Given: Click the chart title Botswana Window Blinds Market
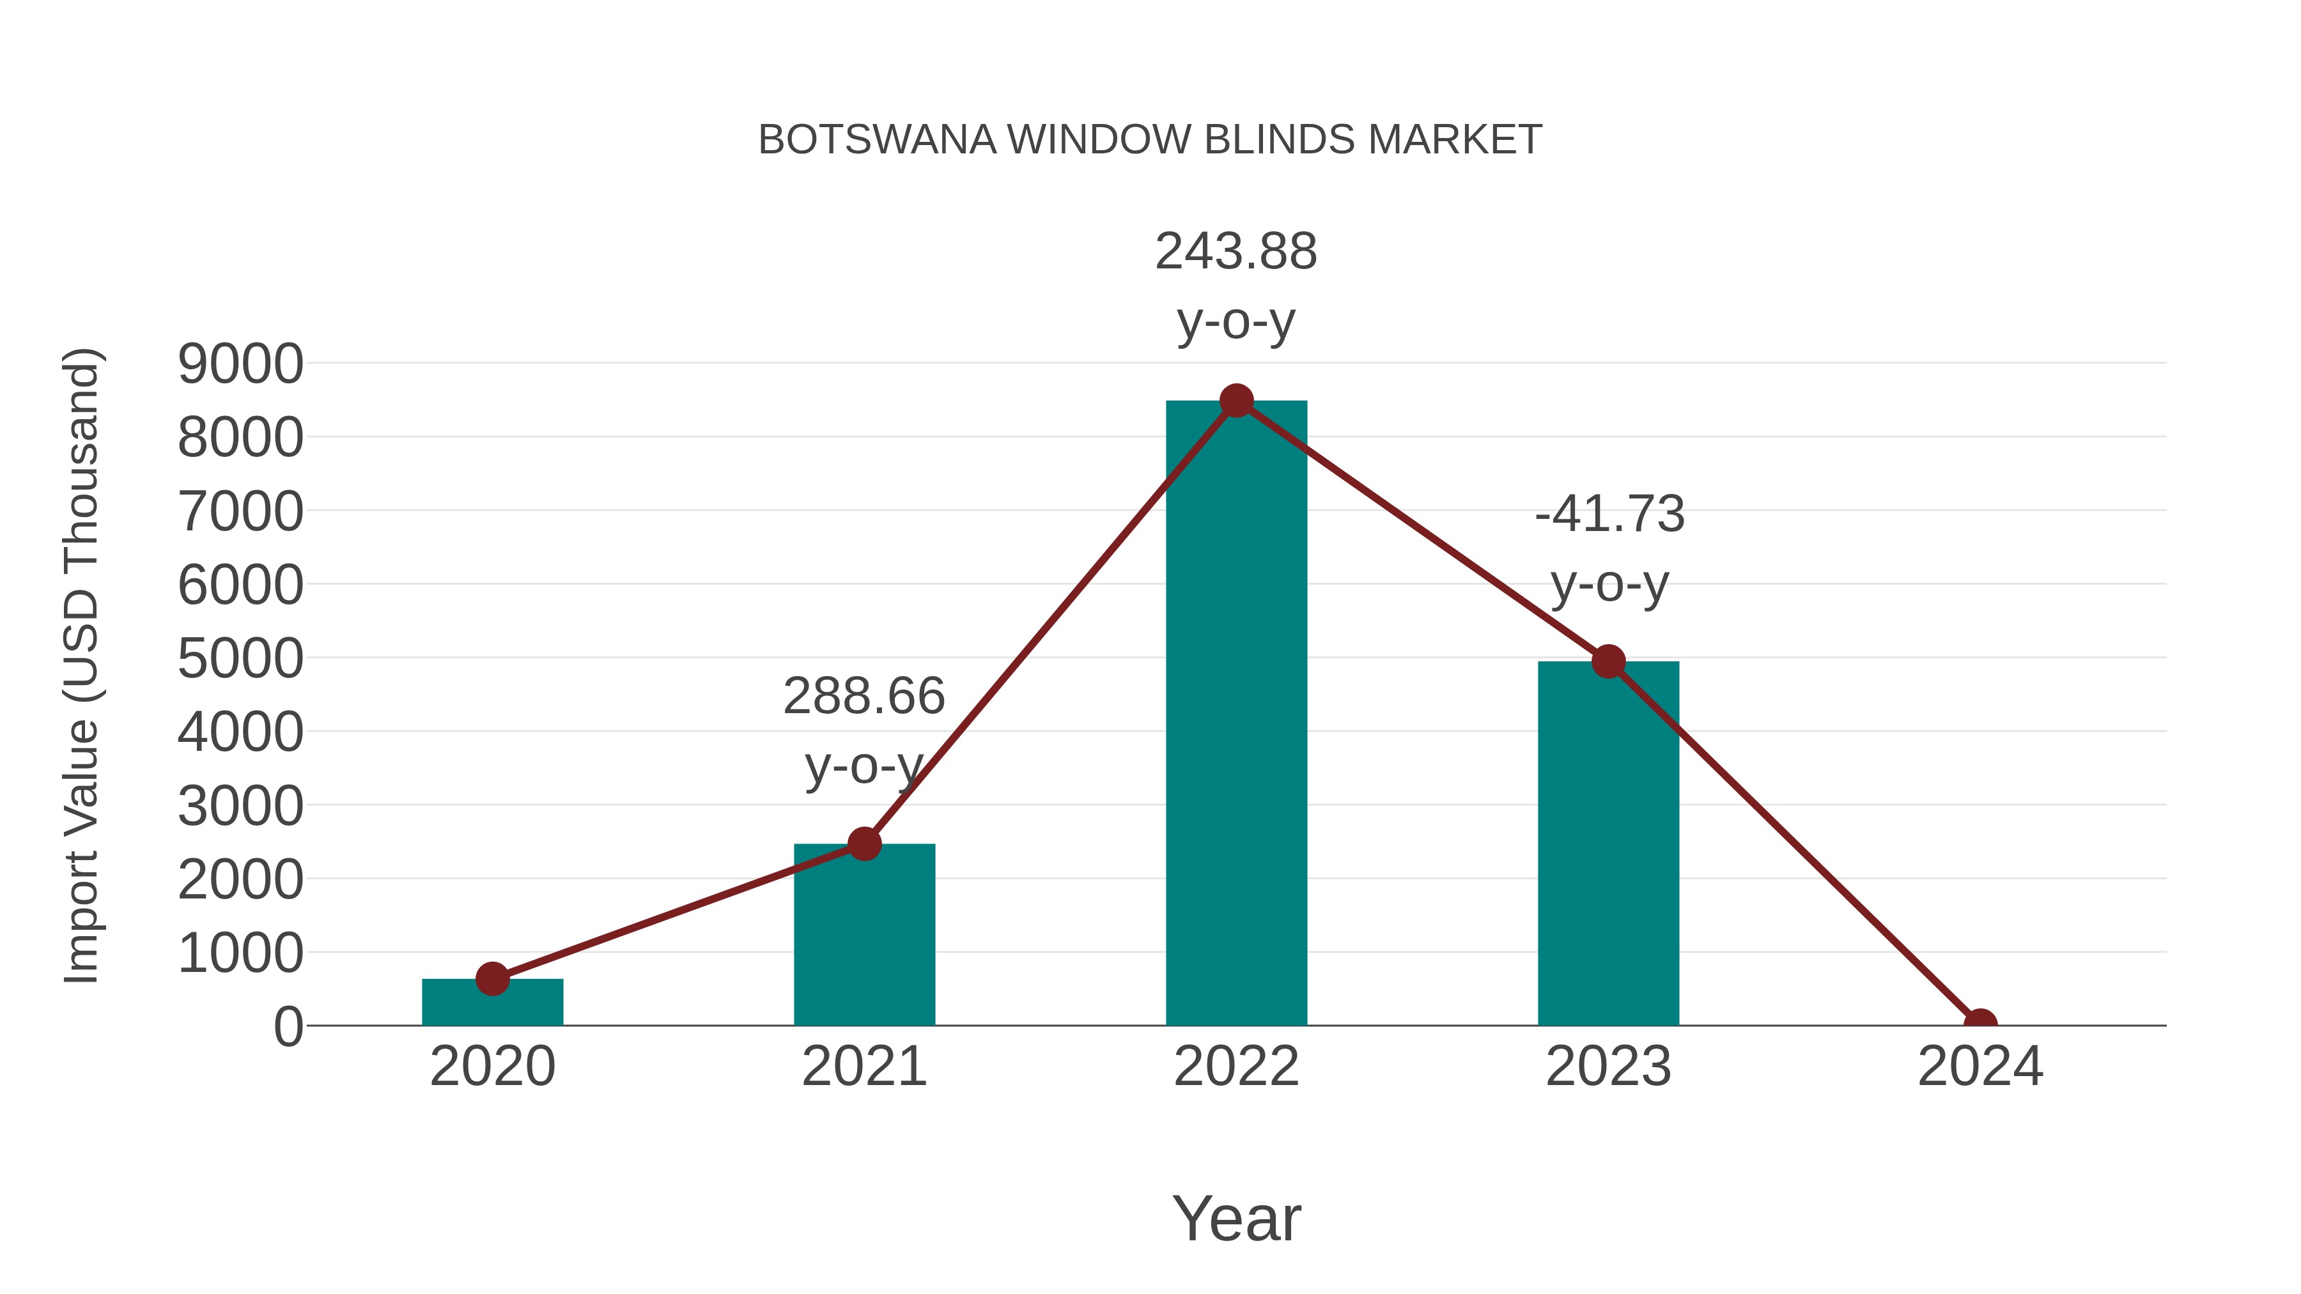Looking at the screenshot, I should click(1150, 140).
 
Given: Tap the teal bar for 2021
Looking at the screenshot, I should click(864, 937).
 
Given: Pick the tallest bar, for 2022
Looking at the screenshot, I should click(1236, 714).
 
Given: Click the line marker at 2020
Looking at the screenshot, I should click(492, 979).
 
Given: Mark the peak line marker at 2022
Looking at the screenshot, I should click(1236, 401).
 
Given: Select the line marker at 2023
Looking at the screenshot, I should click(1608, 662).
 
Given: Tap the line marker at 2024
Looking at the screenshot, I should click(1979, 1024).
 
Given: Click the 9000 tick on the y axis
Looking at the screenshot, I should click(240, 364).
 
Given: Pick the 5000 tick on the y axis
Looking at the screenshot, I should click(240, 659).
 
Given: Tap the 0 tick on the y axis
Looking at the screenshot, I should click(288, 1027).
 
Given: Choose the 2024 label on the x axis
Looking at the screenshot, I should click(1979, 1067).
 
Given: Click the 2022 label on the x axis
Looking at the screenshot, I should click(1236, 1067).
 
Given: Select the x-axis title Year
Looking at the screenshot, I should click(1236, 1218).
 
